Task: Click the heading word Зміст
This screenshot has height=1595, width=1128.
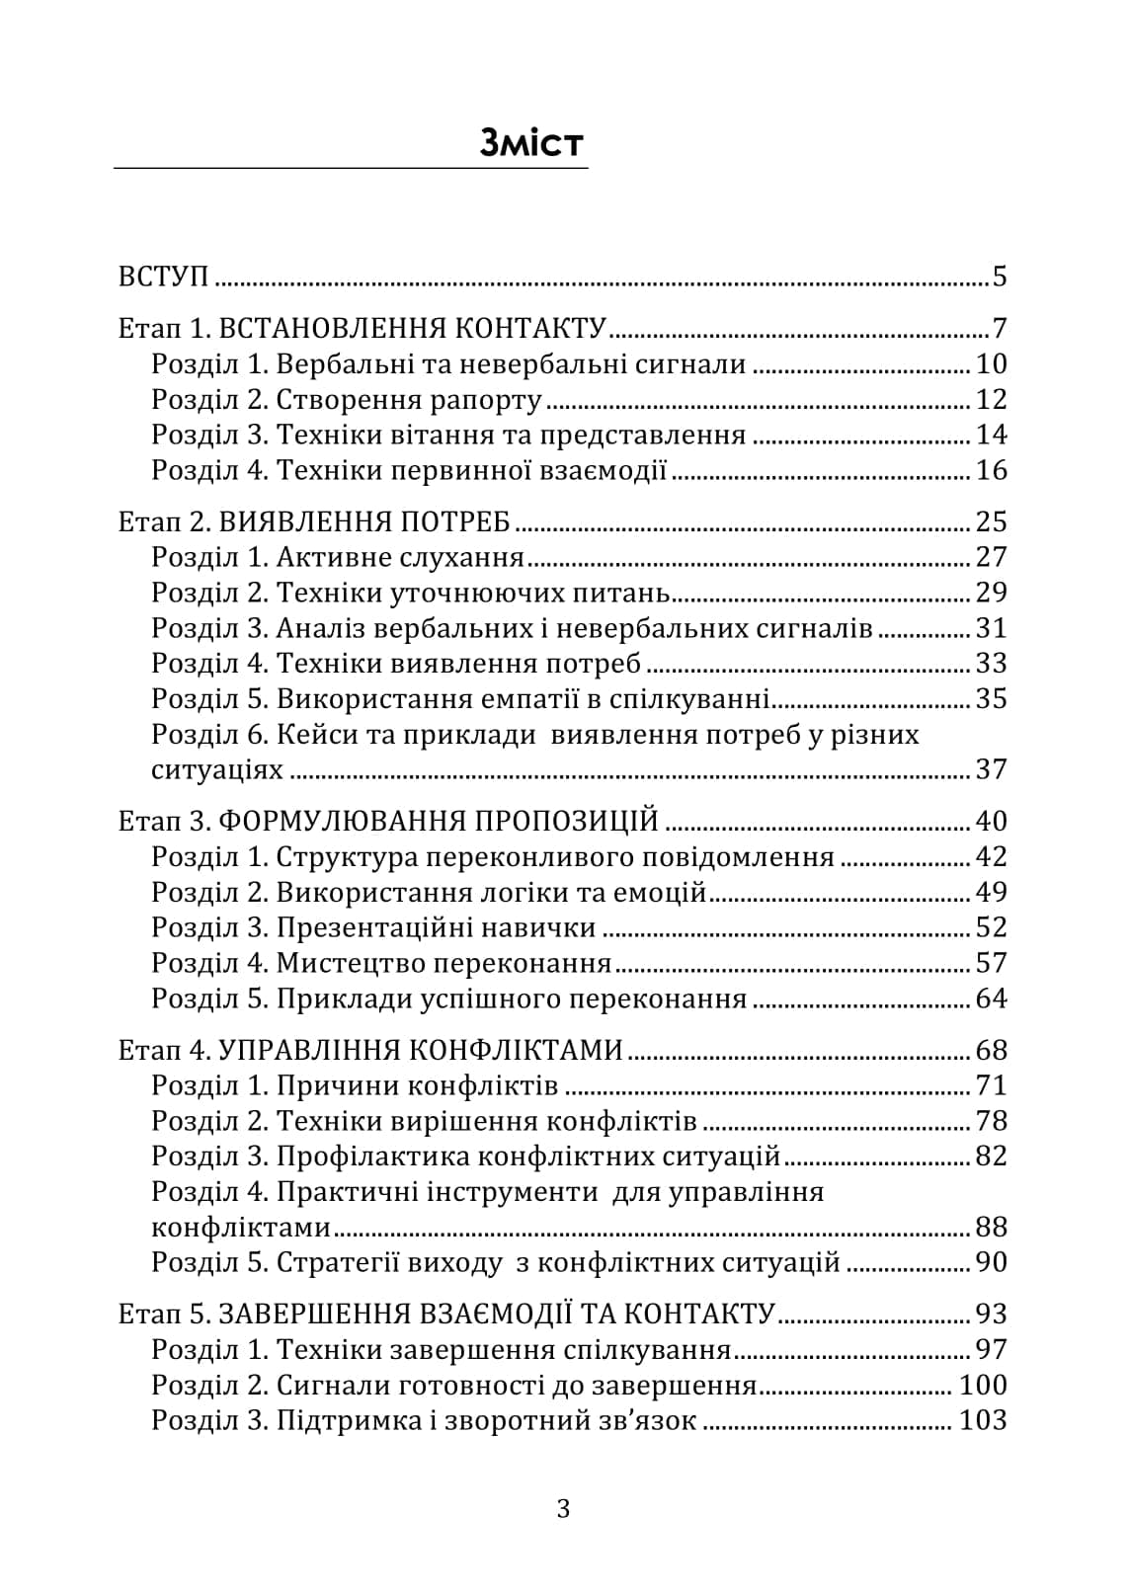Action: (531, 144)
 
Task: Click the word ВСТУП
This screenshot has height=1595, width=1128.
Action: (163, 277)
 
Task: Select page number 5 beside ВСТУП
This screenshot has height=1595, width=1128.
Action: (999, 277)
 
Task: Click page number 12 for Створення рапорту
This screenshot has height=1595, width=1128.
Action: (991, 400)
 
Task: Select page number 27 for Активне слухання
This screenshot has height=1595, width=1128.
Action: (991, 557)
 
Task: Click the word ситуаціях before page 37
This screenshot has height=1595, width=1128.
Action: (216, 770)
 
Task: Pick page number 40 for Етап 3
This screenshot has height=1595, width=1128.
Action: (991, 822)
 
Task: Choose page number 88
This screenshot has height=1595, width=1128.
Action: (991, 1228)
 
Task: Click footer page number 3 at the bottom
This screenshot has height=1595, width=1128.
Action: (563, 1509)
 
